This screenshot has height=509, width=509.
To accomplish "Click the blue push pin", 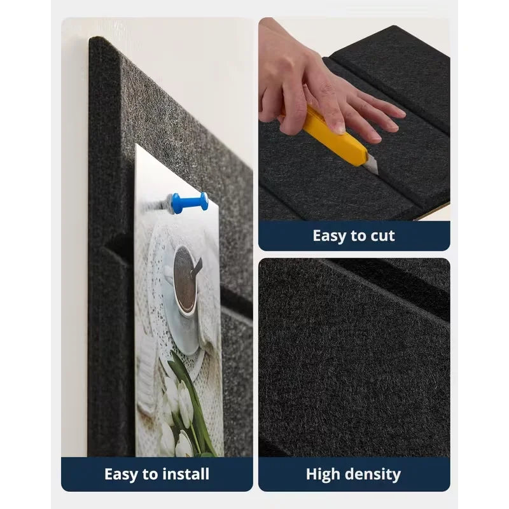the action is pyautogui.click(x=188, y=203).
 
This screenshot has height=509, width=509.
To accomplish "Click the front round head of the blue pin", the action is pyautogui.click(x=204, y=201).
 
